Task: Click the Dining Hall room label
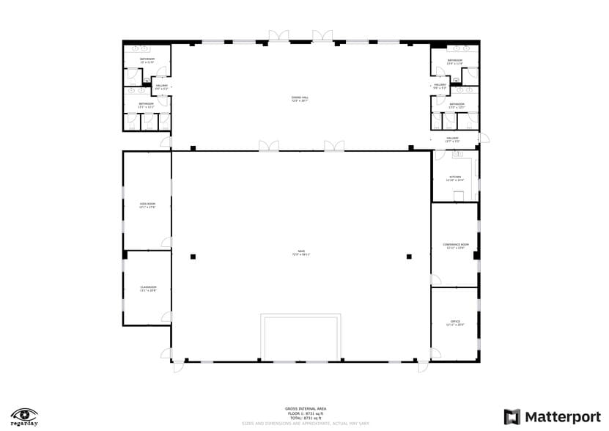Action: click(x=300, y=99)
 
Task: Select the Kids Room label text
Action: click(x=147, y=205)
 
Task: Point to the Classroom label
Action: click(x=148, y=289)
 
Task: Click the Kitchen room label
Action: click(x=454, y=178)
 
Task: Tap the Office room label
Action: click(x=455, y=323)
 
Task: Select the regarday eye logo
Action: click(x=24, y=414)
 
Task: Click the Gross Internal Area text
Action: click(x=306, y=408)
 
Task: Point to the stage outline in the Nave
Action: click(x=300, y=337)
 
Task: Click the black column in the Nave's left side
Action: click(x=193, y=257)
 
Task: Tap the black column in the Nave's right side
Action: click(x=409, y=257)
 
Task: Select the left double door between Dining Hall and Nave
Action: click(x=267, y=146)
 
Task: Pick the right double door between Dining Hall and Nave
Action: click(x=334, y=146)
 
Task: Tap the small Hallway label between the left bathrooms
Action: click(x=161, y=87)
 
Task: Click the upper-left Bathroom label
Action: click(x=147, y=60)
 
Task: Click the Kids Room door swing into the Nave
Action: click(x=166, y=243)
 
